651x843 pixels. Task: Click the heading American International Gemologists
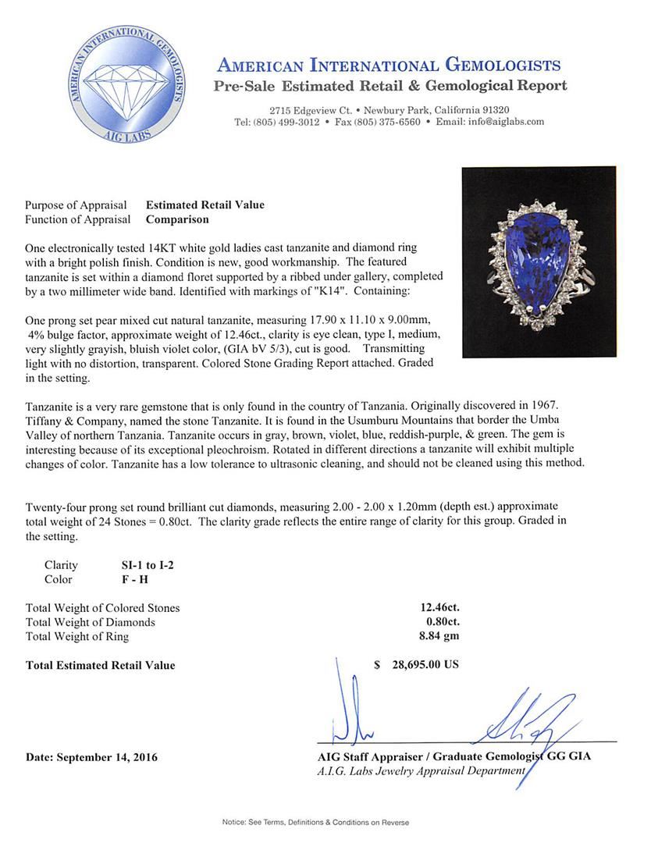388,65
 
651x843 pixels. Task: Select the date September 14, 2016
91,757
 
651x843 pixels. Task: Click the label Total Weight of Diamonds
91,622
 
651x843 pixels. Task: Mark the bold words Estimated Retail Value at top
205,205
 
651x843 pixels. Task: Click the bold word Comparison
177,219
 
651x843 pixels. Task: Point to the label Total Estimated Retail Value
101,665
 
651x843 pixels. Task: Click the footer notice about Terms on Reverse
315,823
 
